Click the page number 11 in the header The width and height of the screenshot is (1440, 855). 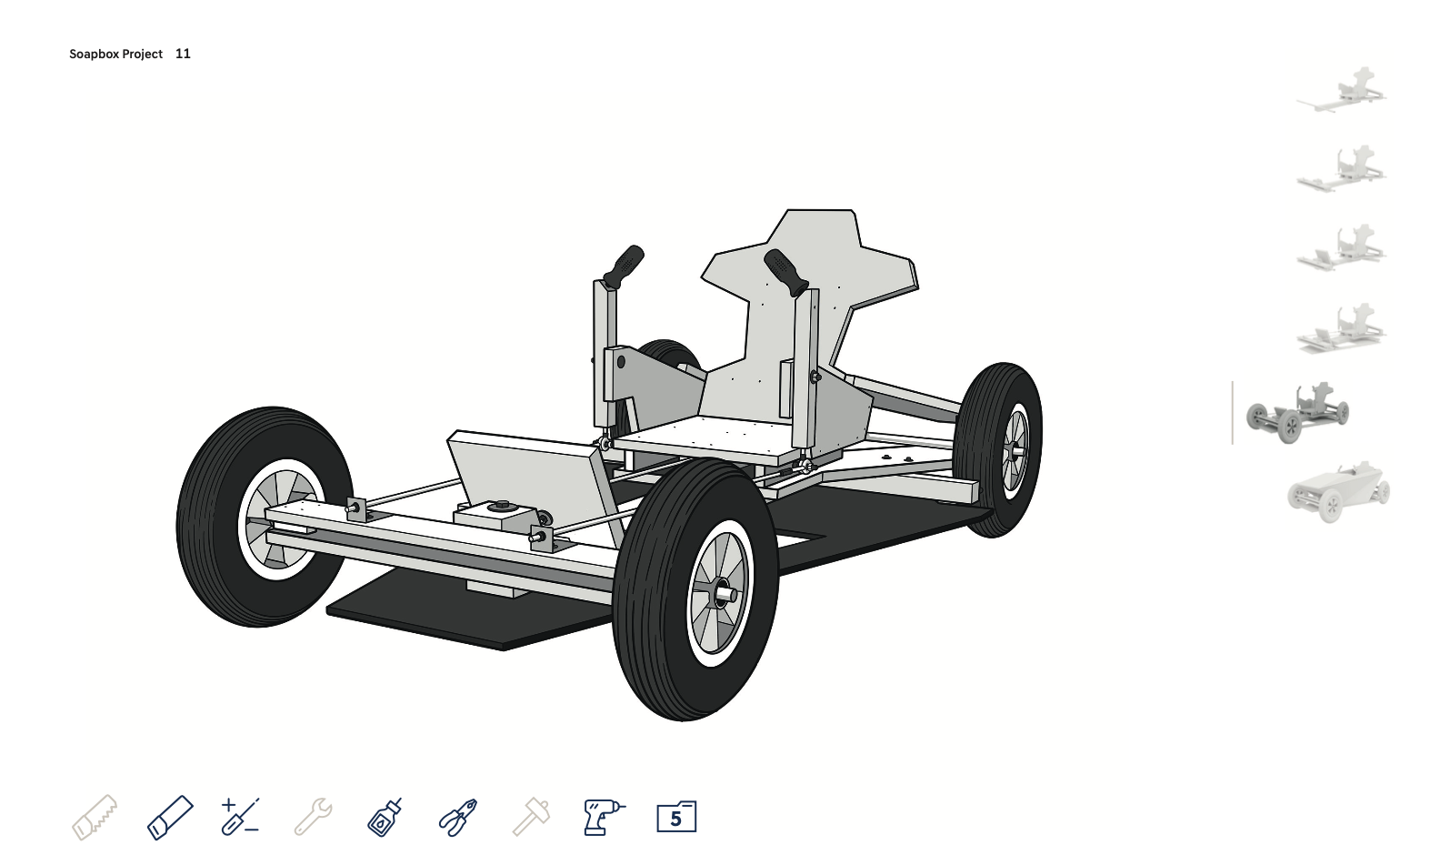[x=183, y=54]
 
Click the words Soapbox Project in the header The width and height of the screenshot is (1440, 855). [x=115, y=54]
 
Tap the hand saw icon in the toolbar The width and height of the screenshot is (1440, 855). [x=95, y=816]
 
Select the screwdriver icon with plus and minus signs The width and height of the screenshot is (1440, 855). [x=240, y=816]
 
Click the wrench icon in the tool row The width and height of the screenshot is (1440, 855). [x=313, y=816]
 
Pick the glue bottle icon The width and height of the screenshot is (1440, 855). [x=385, y=816]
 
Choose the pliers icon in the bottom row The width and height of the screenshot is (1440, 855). [x=458, y=816]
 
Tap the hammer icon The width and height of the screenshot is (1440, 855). [x=531, y=816]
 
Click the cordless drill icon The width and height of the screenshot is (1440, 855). [x=604, y=816]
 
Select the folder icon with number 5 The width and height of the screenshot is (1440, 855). [x=676, y=817]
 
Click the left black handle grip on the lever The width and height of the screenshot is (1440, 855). [x=624, y=266]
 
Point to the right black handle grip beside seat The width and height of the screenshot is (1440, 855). [x=785, y=271]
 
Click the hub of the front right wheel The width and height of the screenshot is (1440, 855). [x=725, y=595]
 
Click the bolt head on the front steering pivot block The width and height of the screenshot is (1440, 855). [x=500, y=505]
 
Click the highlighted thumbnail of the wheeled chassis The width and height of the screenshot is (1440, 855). [x=1296, y=413]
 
